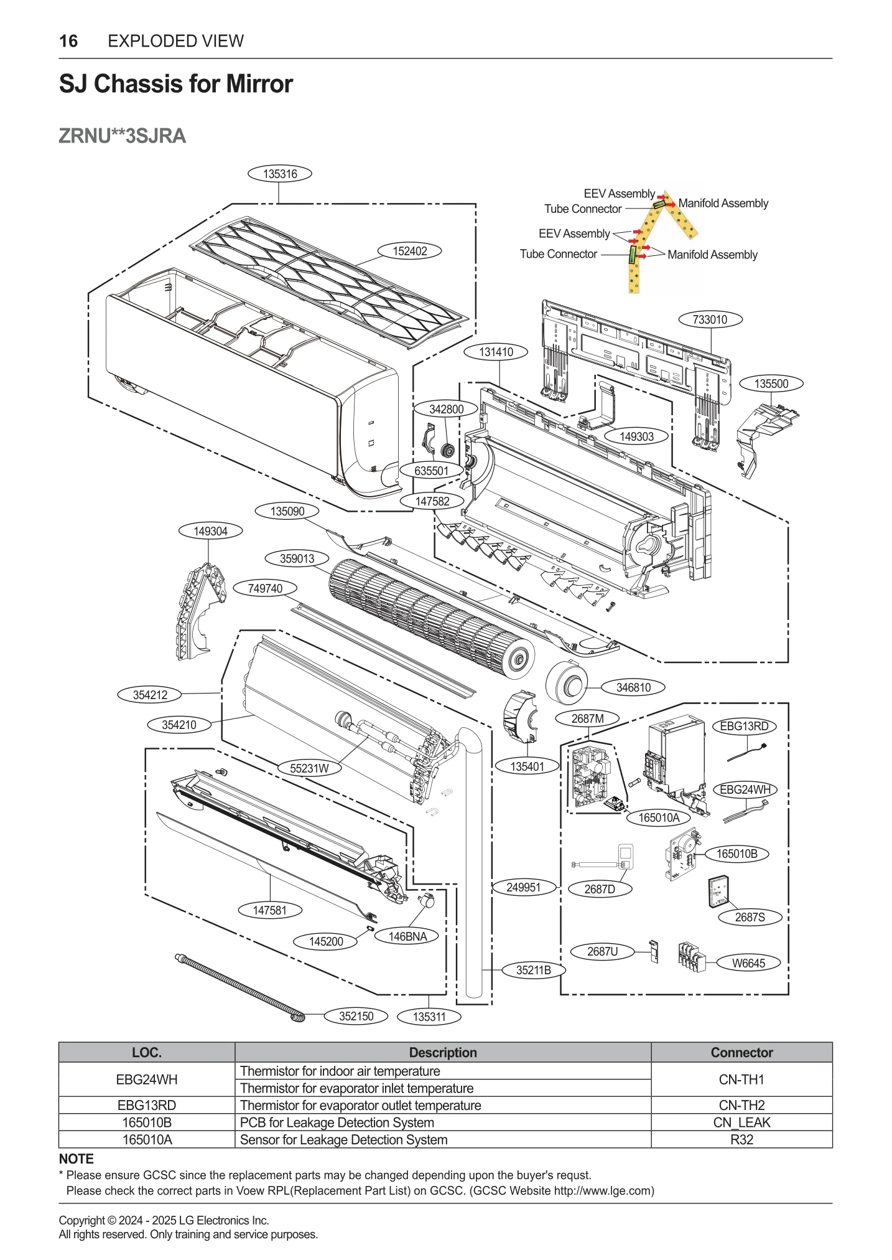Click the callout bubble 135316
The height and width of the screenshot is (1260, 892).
click(x=279, y=174)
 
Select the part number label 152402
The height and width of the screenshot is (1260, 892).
click(x=409, y=251)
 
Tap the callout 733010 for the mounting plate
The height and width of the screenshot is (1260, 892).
click(x=710, y=319)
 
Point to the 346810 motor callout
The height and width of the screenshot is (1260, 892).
click(x=633, y=687)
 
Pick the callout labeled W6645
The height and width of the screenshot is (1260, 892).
click(x=748, y=963)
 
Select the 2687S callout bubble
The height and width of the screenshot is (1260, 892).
click(x=750, y=917)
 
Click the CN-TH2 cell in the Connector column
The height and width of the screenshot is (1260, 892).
click(x=741, y=1105)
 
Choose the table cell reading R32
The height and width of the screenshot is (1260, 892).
click(x=741, y=1139)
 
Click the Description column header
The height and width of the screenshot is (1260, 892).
click(x=443, y=1052)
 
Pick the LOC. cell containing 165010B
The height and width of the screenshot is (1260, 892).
click(x=147, y=1122)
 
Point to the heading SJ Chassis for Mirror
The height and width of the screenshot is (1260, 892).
click(x=176, y=83)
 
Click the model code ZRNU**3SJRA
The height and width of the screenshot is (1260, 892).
click(x=123, y=136)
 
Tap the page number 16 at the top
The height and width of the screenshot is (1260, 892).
click(x=68, y=41)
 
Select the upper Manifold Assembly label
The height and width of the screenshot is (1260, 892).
click(x=723, y=203)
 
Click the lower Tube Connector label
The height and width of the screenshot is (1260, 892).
click(x=558, y=254)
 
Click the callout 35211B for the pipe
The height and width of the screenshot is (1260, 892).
click(x=534, y=970)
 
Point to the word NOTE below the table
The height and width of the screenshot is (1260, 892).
click(x=77, y=1159)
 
